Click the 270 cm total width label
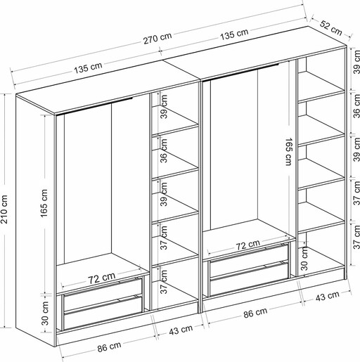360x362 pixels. [157, 39]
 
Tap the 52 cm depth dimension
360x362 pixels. [330, 28]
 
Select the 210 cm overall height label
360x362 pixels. [4, 209]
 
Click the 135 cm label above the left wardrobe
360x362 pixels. [88, 68]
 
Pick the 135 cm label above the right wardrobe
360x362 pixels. [234, 34]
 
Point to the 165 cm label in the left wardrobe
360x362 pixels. [44, 203]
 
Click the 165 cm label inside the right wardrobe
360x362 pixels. [288, 152]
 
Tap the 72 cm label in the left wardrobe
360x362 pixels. [101, 278]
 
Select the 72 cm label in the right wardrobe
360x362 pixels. [247, 245]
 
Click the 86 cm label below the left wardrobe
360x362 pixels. [109, 347]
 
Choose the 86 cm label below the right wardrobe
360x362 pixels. [255, 313]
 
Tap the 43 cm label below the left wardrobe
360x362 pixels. [181, 330]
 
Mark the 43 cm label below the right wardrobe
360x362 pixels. [327, 296]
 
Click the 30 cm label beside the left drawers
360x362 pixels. [45, 313]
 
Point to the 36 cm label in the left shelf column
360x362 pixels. [164, 150]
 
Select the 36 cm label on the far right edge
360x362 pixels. [356, 106]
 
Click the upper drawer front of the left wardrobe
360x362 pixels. [103, 294]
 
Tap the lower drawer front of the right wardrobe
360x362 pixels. [249, 279]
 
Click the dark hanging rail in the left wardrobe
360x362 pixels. [95, 106]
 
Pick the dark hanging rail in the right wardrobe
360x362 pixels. [241, 72]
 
